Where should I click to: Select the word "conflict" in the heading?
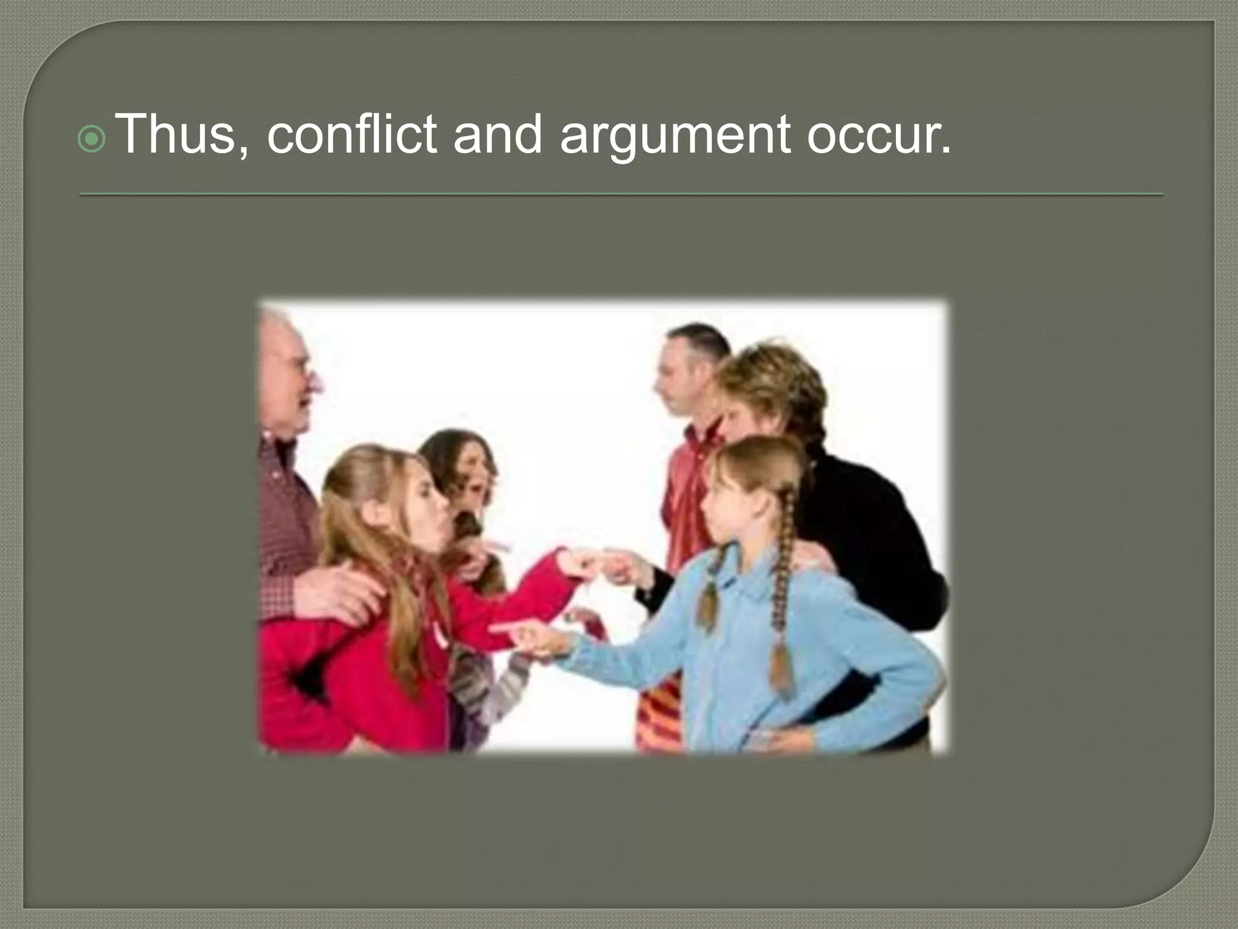[x=352, y=135]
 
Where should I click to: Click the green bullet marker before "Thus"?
[x=92, y=141]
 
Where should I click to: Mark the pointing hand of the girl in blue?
[x=526, y=635]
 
